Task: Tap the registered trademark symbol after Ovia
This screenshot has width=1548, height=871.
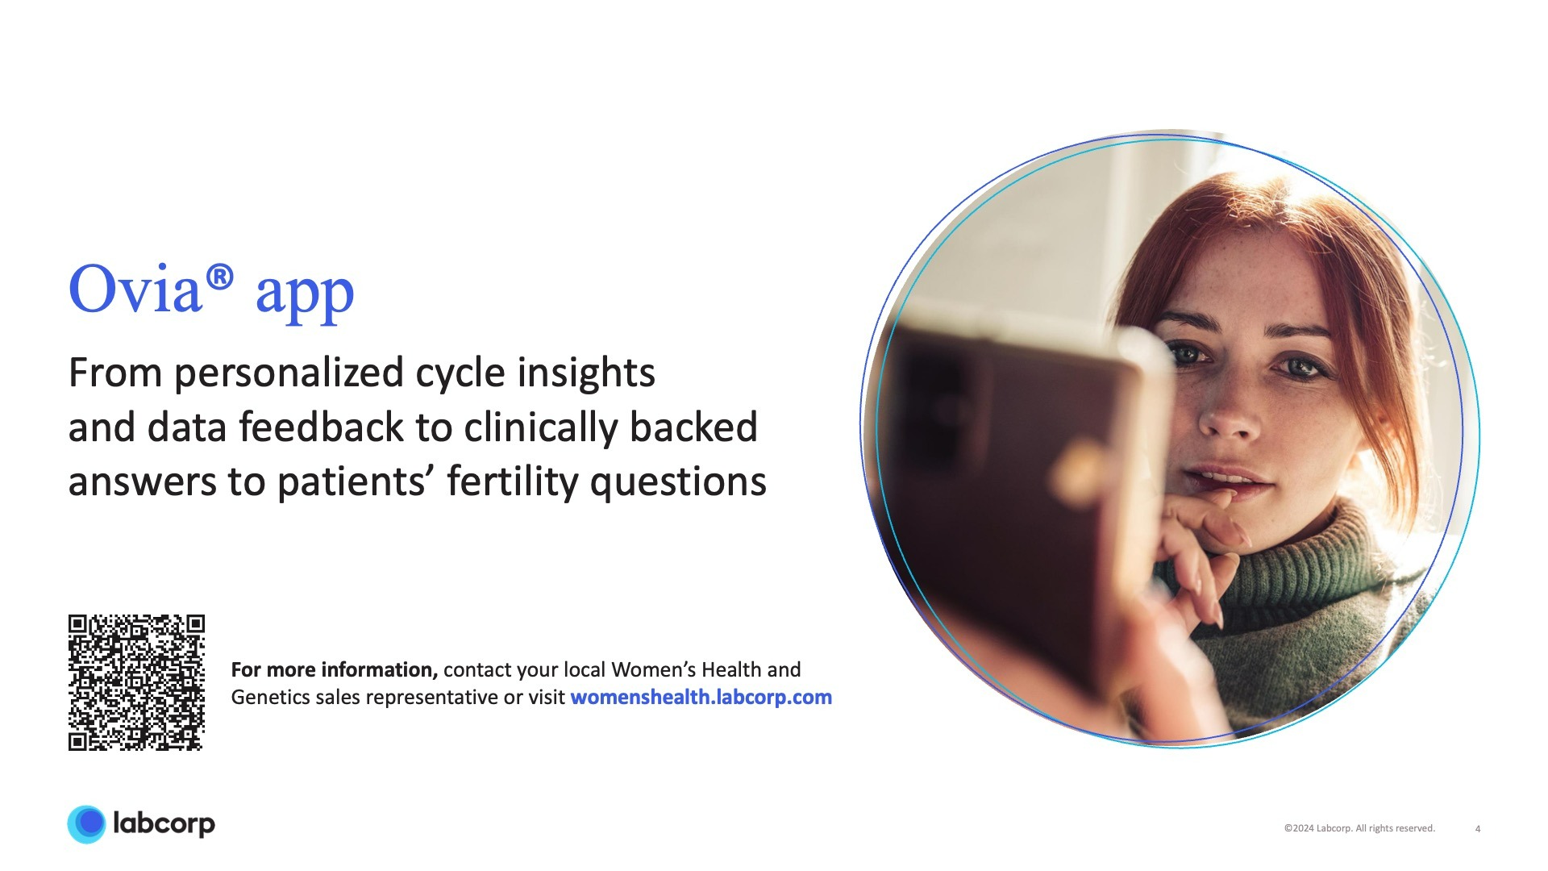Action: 219,278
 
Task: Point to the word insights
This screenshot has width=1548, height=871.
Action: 586,374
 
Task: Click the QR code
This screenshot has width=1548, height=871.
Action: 136,682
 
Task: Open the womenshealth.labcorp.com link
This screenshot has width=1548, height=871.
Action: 701,697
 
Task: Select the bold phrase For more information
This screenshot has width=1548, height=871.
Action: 334,669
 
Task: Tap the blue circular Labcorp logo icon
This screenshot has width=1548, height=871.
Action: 86,824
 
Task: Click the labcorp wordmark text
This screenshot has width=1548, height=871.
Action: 164,824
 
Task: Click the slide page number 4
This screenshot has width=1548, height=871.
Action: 1478,829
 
